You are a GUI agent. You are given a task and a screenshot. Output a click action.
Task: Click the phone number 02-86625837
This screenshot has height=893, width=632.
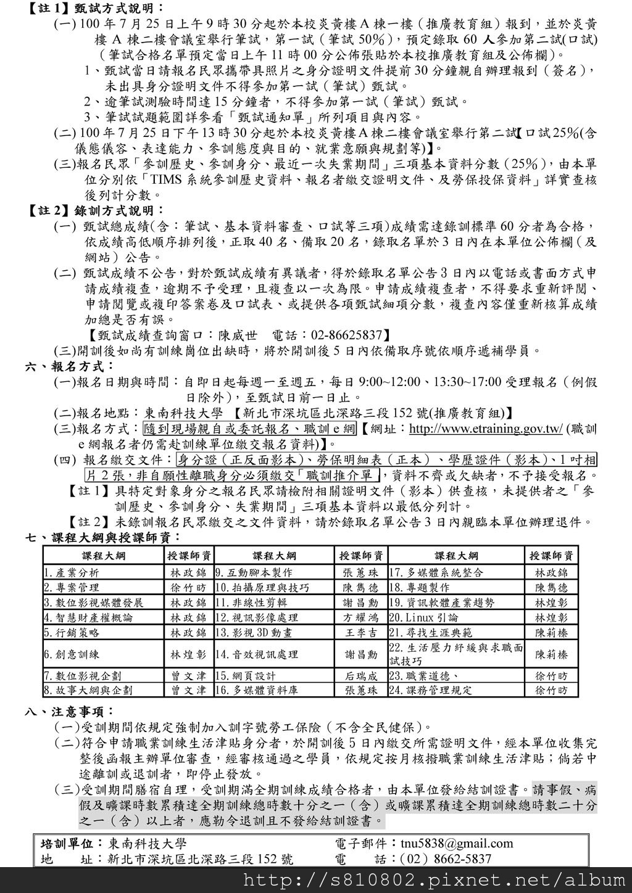pos(347,335)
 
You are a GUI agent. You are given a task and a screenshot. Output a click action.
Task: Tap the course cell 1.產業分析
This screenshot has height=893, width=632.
pos(72,572)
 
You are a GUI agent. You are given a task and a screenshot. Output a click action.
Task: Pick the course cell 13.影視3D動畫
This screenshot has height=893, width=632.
pos(254,632)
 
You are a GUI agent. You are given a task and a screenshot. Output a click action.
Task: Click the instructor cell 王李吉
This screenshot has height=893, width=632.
pos(361,632)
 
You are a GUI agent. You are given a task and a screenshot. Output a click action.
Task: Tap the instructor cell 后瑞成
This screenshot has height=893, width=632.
pos(361,676)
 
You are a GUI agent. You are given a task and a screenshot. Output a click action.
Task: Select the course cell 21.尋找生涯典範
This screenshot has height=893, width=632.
pos(431,632)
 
